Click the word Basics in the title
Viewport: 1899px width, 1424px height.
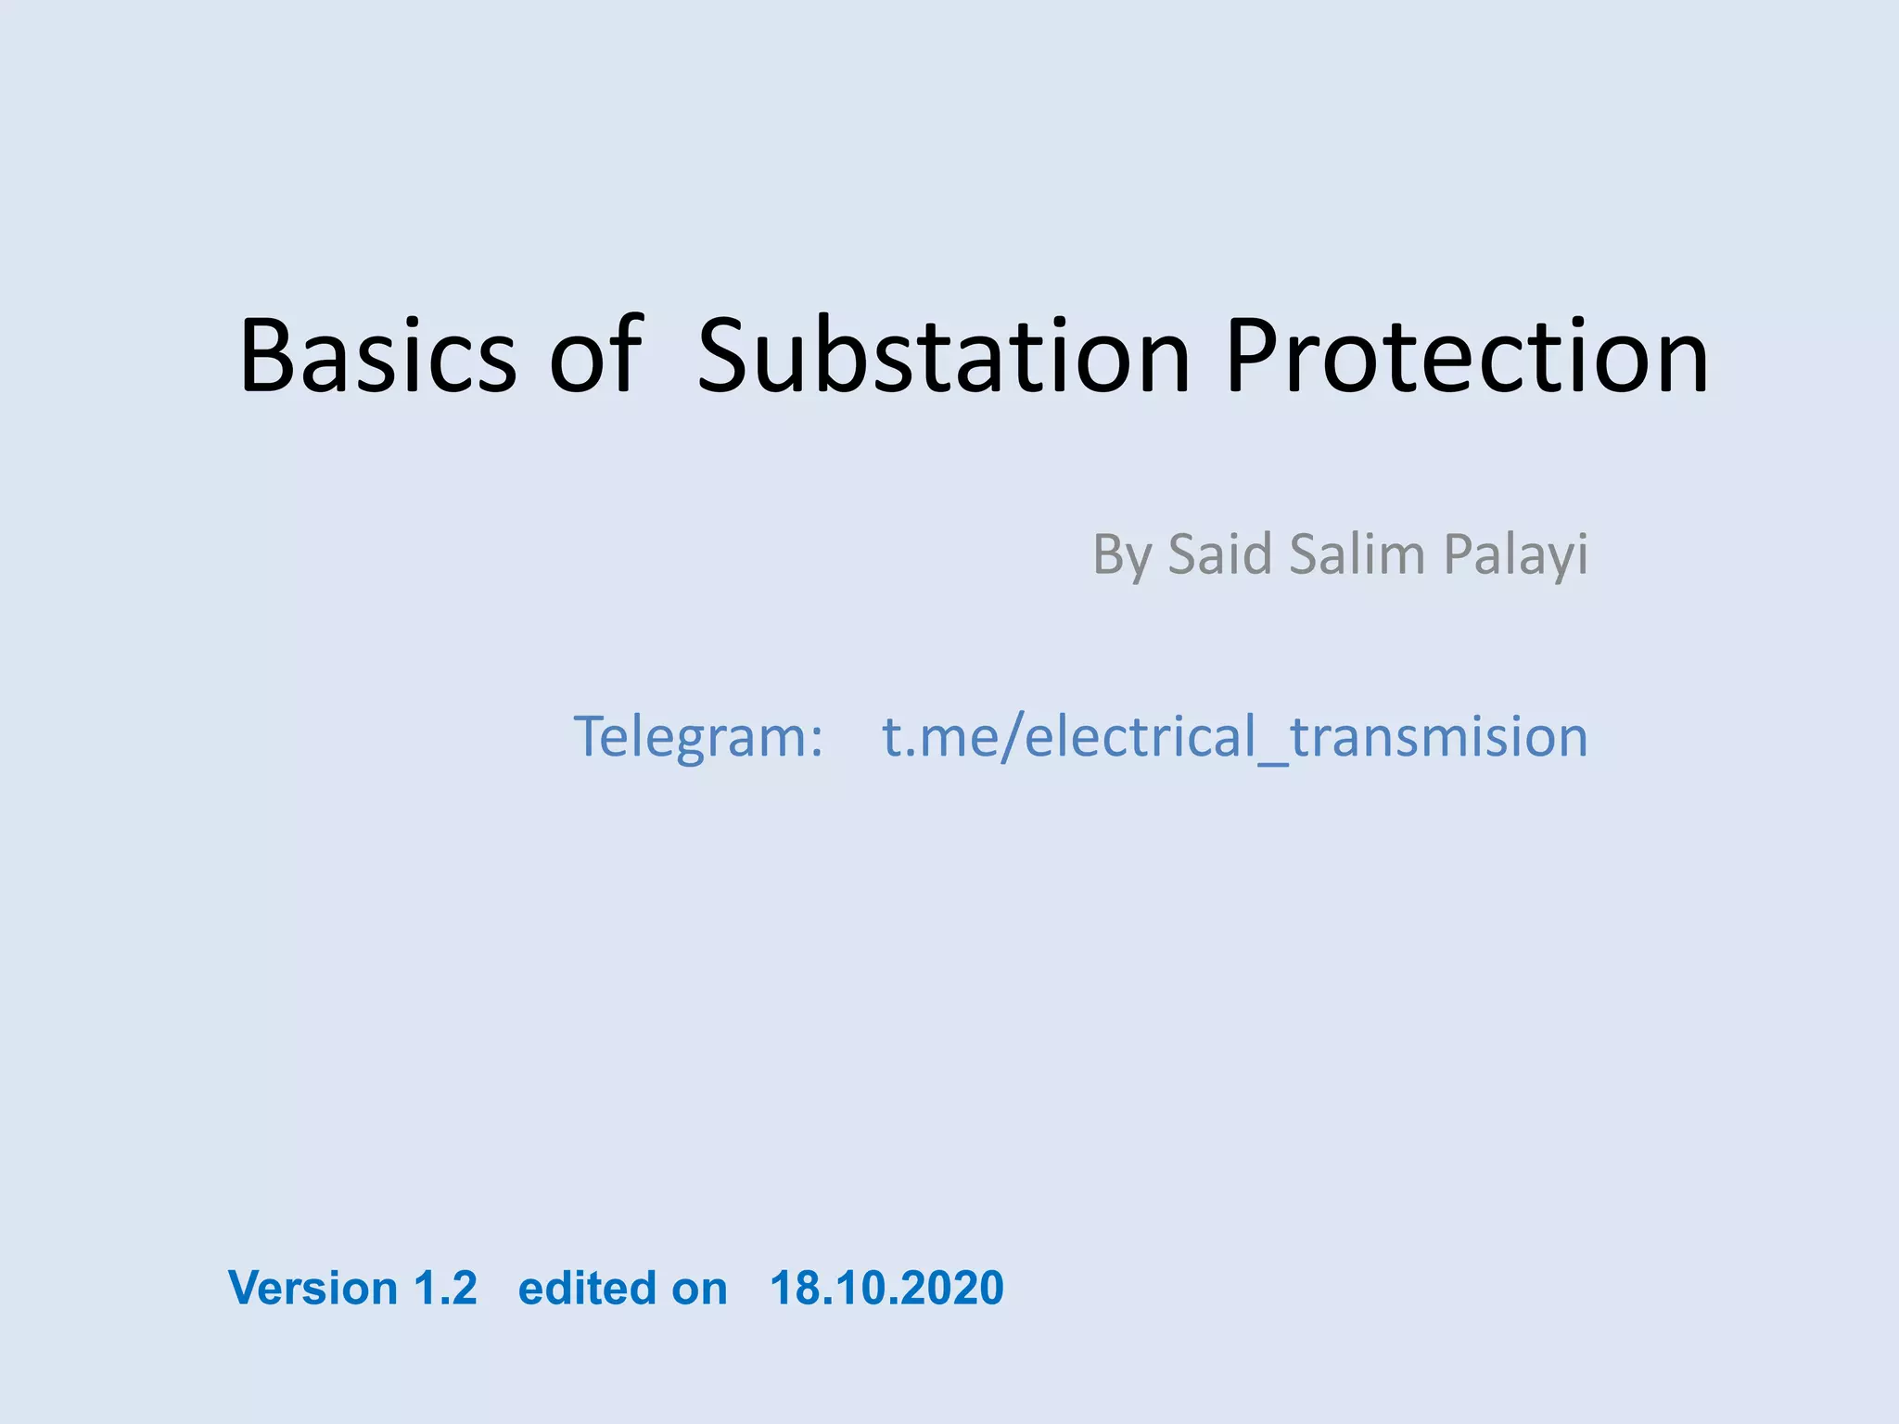pyautogui.click(x=377, y=356)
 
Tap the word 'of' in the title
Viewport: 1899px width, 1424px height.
pyautogui.click(x=596, y=356)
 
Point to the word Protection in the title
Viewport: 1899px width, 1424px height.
pyautogui.click(x=1466, y=356)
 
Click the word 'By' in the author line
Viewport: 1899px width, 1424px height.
pyautogui.click(x=1121, y=555)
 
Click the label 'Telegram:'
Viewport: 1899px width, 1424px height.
pyautogui.click(x=698, y=737)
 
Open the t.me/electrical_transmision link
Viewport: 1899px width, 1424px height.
pyautogui.click(x=1234, y=737)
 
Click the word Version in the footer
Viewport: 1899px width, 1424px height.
pyautogui.click(x=313, y=1288)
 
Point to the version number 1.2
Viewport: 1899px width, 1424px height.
pyautogui.click(x=445, y=1288)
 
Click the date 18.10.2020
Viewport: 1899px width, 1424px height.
pyautogui.click(x=886, y=1288)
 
